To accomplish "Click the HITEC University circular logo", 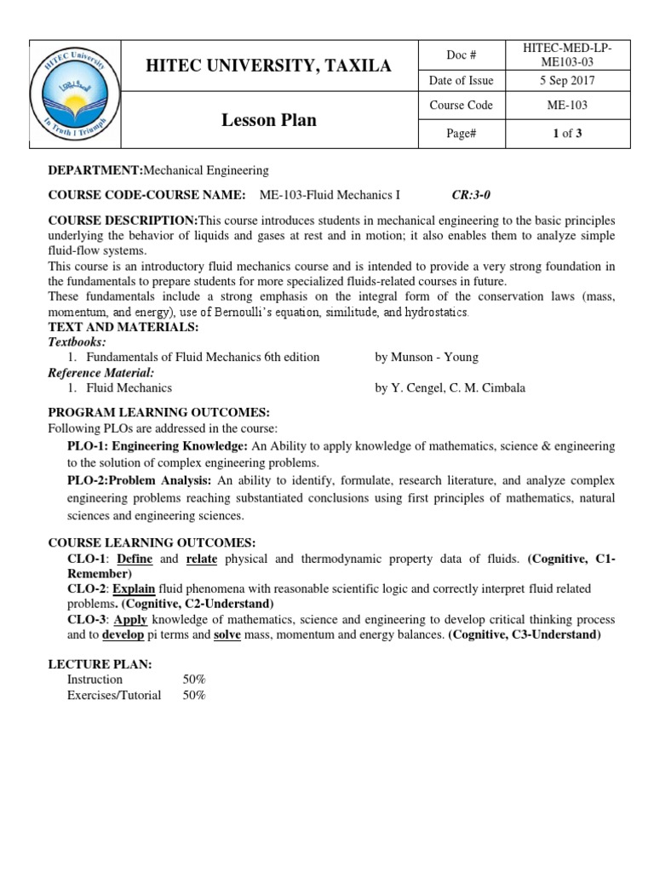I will [x=75, y=94].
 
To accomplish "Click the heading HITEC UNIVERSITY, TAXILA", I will [x=269, y=66].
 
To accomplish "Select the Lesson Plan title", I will [x=269, y=120].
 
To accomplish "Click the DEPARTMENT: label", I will [x=96, y=170].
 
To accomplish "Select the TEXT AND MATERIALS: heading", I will [x=123, y=327].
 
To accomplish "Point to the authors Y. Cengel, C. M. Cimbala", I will [x=450, y=387].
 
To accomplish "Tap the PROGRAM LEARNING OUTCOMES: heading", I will [x=146, y=412].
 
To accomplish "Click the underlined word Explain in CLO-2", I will [x=134, y=589].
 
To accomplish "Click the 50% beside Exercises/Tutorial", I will [x=194, y=695].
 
